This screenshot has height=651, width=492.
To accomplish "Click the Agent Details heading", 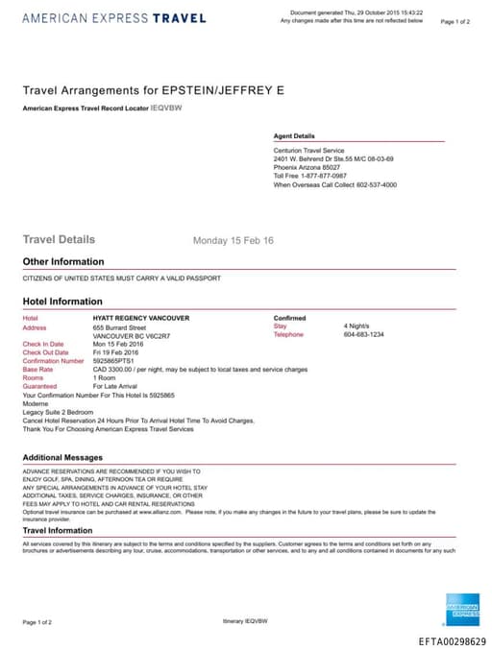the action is point(294,136).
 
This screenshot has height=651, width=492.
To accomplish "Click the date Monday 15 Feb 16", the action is point(234,240).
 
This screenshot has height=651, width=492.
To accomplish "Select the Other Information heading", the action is point(63,261).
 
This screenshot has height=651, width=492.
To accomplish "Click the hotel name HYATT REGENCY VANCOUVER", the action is point(140,318).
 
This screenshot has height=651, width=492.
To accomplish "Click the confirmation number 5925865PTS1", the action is point(116,361).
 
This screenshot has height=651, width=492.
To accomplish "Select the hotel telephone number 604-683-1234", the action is point(363,335).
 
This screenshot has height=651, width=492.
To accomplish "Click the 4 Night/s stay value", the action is point(357,326).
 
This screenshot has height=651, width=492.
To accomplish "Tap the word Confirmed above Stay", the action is point(290,318).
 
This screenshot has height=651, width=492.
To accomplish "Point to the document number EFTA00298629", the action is point(453,641).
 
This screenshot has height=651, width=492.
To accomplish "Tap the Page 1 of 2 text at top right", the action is point(455,20).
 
